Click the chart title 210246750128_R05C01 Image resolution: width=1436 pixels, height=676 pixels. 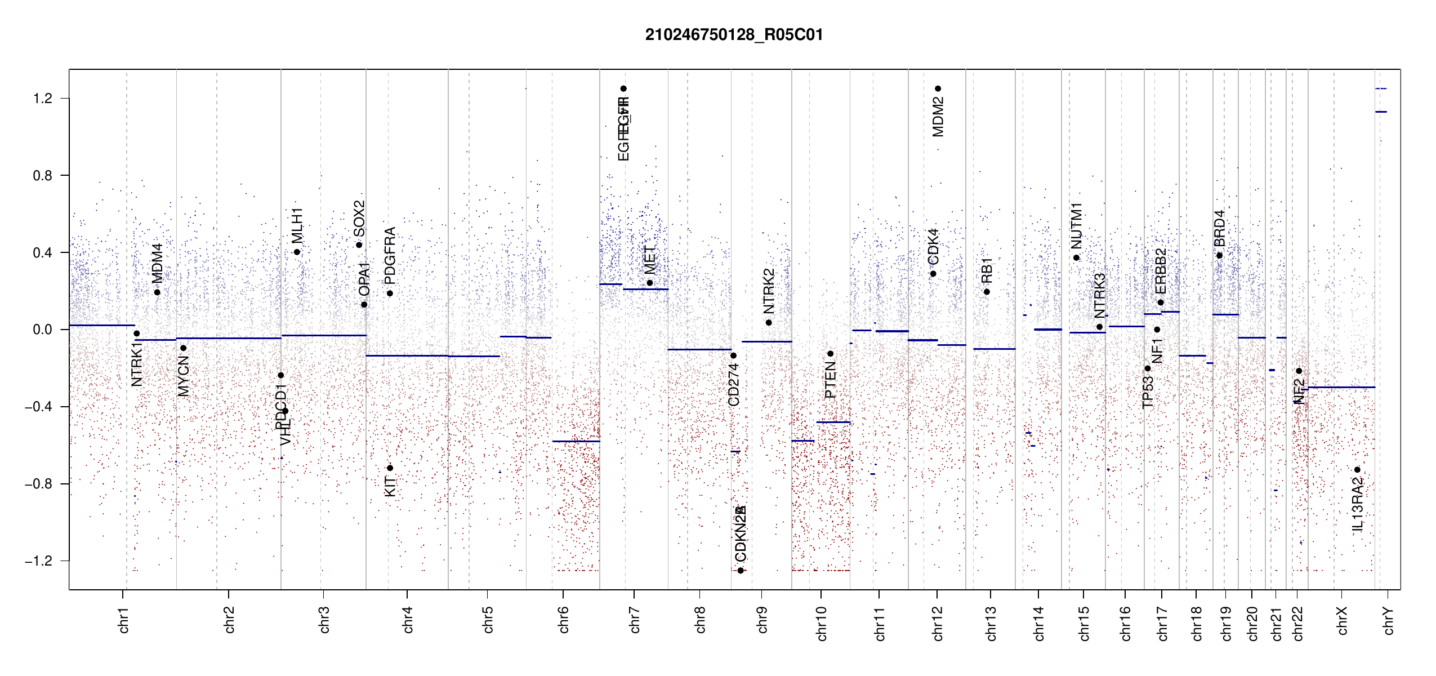click(x=734, y=35)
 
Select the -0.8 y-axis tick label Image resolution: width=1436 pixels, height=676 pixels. click(x=38, y=484)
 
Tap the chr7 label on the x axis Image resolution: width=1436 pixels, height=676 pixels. click(x=635, y=620)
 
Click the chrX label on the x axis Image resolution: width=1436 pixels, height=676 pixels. click(x=1342, y=620)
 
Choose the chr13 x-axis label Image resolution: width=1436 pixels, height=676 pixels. click(x=991, y=623)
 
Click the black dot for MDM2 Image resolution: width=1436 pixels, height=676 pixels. click(x=938, y=88)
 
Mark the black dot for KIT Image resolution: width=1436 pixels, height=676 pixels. click(x=390, y=468)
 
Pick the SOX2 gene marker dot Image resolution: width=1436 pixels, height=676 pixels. click(x=359, y=245)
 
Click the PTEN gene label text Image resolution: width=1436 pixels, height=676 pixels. click(x=831, y=380)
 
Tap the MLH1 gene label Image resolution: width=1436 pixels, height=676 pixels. click(x=297, y=225)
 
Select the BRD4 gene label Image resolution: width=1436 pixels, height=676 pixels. click(x=1219, y=228)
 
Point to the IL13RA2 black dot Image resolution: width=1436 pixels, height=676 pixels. click(x=1357, y=470)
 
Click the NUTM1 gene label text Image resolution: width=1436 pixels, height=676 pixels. click(x=1076, y=226)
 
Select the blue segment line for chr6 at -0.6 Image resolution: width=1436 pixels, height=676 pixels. click(x=576, y=441)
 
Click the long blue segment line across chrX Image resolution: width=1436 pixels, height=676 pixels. click(x=1341, y=387)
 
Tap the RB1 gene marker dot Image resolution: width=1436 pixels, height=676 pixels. click(x=987, y=292)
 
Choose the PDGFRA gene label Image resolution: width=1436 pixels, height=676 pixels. click(x=390, y=256)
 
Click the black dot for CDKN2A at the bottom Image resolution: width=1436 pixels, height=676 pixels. click(x=741, y=571)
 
